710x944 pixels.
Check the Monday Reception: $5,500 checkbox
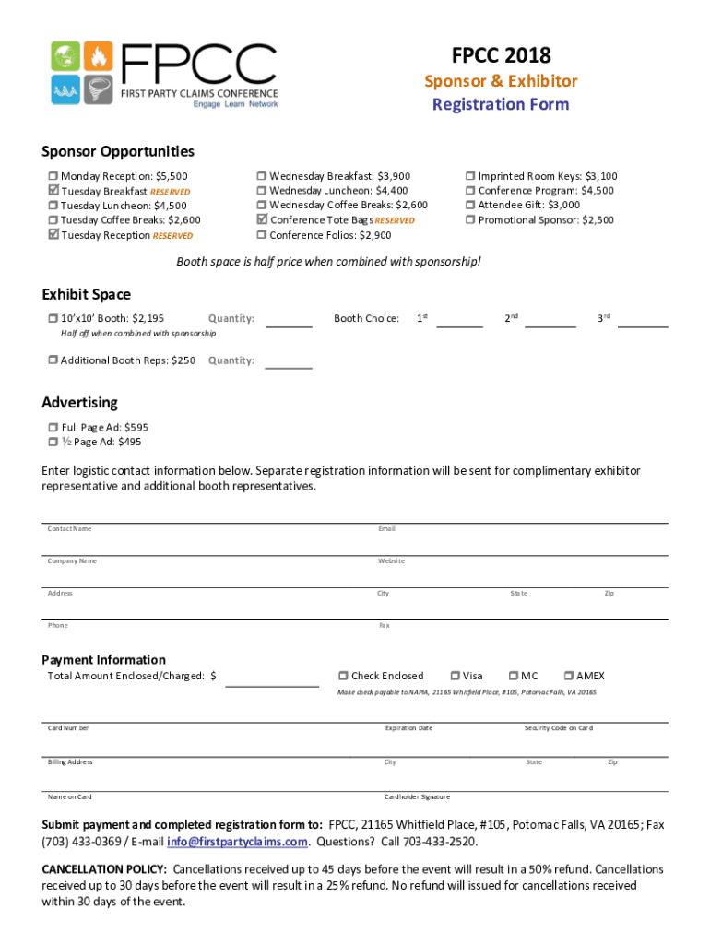pyautogui.click(x=53, y=176)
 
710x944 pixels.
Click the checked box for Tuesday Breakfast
pyautogui.click(x=53, y=191)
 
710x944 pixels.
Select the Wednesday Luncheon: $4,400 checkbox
pyautogui.click(x=262, y=191)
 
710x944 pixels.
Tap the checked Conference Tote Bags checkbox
pyautogui.click(x=262, y=219)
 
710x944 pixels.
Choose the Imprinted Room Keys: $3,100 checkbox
pyautogui.click(x=470, y=176)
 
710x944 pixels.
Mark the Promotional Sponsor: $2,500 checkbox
pyautogui.click(x=470, y=220)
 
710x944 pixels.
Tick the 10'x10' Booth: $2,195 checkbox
pyautogui.click(x=53, y=319)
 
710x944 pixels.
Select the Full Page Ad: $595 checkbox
pyautogui.click(x=53, y=428)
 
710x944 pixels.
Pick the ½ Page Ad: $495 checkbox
pyautogui.click(x=53, y=442)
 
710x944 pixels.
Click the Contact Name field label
pyautogui.click(x=69, y=529)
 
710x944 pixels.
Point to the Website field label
pyautogui.click(x=391, y=561)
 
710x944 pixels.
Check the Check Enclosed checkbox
pyautogui.click(x=343, y=676)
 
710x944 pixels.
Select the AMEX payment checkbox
pyautogui.click(x=569, y=676)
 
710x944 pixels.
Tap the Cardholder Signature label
pyautogui.click(x=417, y=797)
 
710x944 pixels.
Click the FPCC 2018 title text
pyautogui.click(x=501, y=55)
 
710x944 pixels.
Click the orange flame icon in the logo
pyautogui.click(x=99, y=57)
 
